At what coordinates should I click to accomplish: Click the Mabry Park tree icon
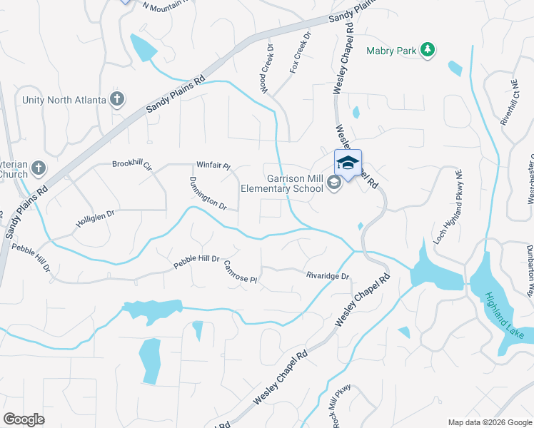pos(428,50)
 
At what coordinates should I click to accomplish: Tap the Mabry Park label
pos(391,51)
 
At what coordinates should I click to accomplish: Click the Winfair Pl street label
pos(213,166)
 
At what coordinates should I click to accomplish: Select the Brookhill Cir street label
pos(132,164)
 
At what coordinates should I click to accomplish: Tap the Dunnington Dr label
pos(208,194)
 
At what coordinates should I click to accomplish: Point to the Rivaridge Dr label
pos(327,276)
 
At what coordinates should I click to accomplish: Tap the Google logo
pos(24,419)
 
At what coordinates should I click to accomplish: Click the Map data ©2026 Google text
pos(489,422)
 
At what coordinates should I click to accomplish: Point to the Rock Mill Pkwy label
pos(340,407)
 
